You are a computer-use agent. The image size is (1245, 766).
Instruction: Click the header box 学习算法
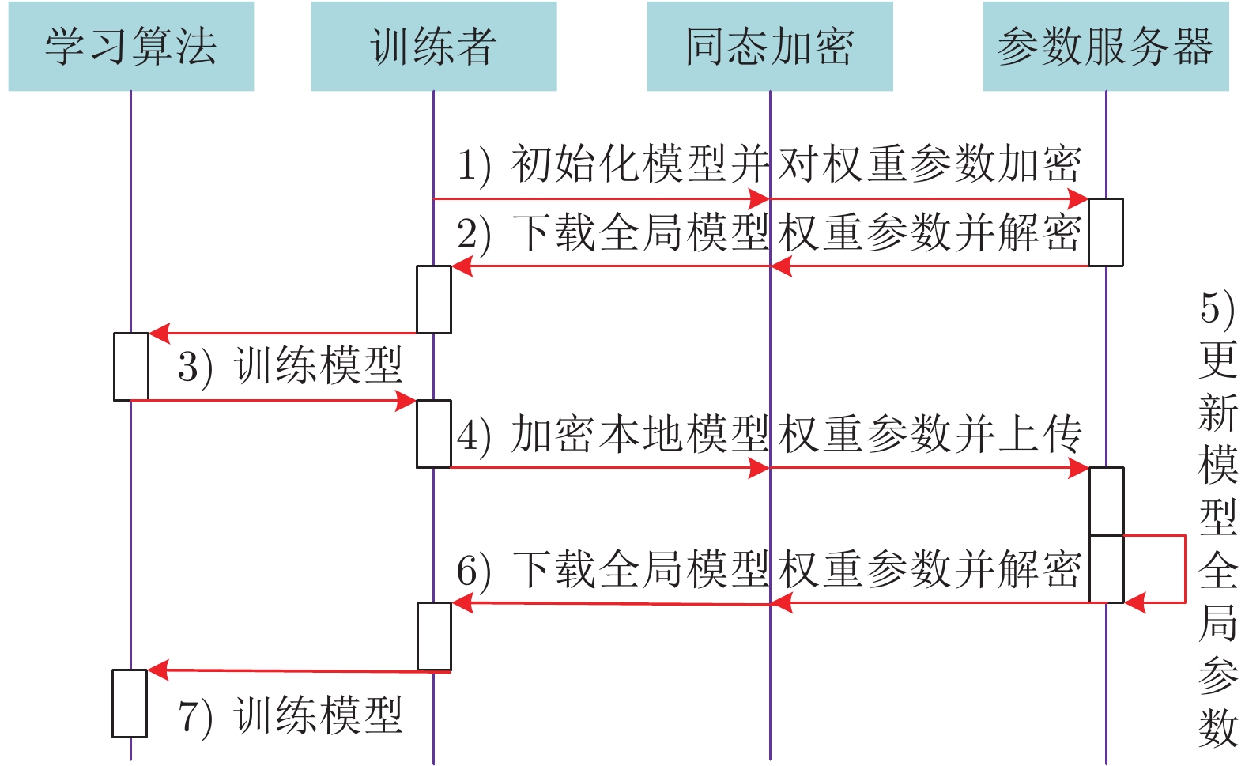[130, 47]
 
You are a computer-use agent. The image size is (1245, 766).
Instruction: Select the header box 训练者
[433, 47]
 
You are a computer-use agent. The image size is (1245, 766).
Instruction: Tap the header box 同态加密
[769, 47]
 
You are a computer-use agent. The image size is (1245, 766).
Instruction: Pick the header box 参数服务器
[1105, 47]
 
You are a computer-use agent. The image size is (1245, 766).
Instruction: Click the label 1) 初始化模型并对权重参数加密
[768, 164]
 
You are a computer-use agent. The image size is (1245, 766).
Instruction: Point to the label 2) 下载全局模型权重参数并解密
[768, 233]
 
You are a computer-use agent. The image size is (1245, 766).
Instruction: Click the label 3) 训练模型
[290, 366]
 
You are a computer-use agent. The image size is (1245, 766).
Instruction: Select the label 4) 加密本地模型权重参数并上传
[768, 435]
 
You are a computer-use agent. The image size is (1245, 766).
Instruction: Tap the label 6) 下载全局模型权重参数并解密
[768, 569]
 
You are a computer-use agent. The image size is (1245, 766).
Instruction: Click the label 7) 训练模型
[290, 716]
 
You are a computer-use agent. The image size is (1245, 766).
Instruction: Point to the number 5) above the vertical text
[1217, 308]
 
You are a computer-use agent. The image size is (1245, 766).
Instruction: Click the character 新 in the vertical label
[1217, 413]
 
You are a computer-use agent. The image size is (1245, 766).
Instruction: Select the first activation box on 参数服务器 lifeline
[1106, 232]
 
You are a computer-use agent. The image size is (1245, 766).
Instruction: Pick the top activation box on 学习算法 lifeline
[131, 367]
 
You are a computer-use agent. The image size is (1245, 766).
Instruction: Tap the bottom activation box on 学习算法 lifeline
[130, 704]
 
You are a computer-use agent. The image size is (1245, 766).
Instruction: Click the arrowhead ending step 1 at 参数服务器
[1078, 199]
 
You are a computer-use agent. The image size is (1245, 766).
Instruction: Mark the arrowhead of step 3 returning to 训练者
[406, 401]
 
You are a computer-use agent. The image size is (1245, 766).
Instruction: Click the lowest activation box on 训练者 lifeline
[434, 636]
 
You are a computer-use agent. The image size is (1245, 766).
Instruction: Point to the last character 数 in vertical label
[1217, 727]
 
